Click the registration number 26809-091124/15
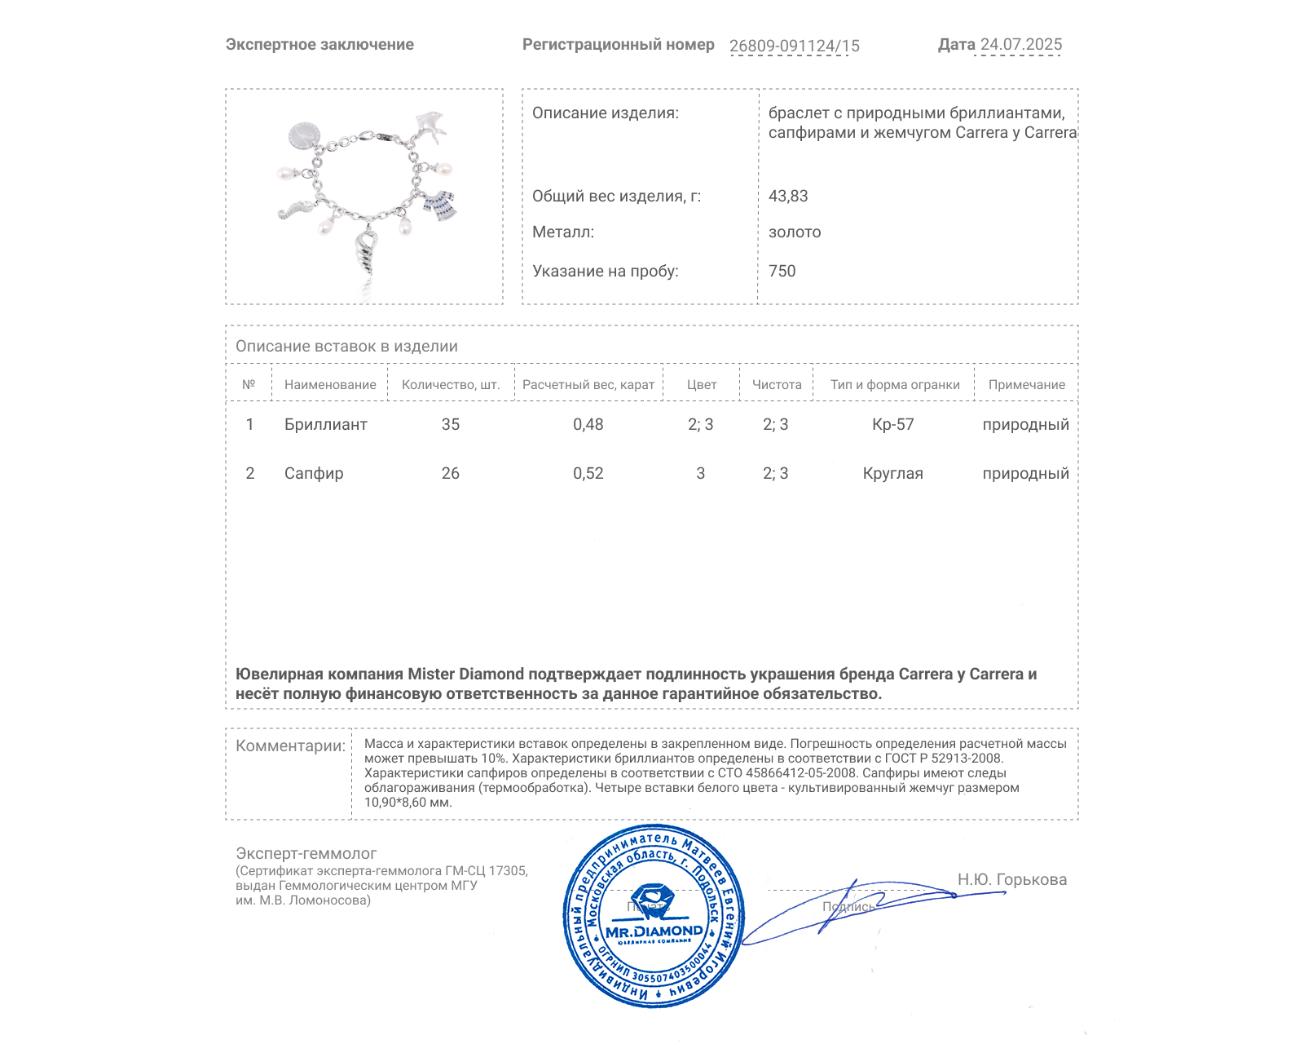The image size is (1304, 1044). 794,46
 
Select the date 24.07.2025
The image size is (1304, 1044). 1020,45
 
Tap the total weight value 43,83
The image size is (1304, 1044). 788,196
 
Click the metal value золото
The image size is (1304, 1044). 795,232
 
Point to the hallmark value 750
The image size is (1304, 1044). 782,271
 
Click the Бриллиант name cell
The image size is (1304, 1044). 325,424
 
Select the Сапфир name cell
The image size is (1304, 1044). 314,473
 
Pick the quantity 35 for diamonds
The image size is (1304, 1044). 451,424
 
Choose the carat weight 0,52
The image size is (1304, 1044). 588,473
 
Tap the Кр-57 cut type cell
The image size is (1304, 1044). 893,424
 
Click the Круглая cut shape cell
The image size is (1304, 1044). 892,473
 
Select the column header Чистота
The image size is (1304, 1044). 777,385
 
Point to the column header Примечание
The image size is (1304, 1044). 1026,385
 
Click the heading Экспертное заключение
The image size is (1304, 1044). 319,45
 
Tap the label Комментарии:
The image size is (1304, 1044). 290,745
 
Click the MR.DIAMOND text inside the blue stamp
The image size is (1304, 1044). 654,931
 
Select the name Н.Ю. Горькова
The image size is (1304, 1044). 1011,879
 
